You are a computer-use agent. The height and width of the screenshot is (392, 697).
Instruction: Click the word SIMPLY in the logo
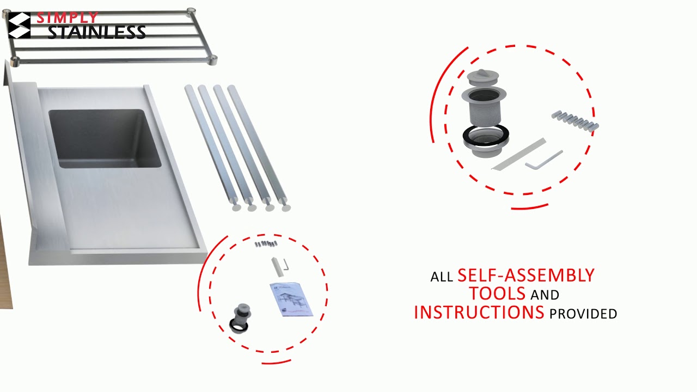pos(67,18)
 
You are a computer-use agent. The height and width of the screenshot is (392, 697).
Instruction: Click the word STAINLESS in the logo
pos(96,32)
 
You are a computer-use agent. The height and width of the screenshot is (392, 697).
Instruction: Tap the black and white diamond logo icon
pos(19,25)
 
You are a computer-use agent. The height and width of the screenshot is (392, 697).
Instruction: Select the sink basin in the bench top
pos(105,138)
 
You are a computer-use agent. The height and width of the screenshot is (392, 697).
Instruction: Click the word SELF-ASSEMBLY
pos(526,275)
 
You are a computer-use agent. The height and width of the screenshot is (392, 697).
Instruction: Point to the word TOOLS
pos(497,293)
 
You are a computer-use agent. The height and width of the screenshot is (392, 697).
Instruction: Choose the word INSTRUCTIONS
pos(479,313)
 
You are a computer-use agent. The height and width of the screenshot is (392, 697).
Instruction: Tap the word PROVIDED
pos(583,314)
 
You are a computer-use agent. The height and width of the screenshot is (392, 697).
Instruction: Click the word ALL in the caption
pos(442,277)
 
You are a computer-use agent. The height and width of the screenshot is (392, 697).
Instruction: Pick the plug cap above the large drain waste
pos(483,78)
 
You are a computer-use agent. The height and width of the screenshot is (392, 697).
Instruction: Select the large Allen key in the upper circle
pos(543,161)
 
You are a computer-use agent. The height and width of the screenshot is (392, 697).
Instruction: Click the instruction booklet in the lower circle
pos(291,299)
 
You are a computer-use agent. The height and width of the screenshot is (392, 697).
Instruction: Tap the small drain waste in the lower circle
pos(240,317)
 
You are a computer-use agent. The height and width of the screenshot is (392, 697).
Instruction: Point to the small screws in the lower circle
pos(266,243)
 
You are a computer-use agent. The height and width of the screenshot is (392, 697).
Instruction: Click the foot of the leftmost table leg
pos(237,207)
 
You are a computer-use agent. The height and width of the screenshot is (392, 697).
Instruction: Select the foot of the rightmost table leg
pos(286,207)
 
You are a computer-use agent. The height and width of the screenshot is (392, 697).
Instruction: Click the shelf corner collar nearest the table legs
pos(212,60)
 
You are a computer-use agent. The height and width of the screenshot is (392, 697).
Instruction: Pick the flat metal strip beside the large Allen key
pos(519,154)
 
